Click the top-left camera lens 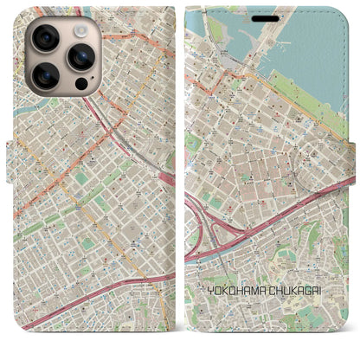[45, 38]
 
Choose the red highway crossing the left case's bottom [95, 299]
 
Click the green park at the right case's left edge [191, 143]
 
